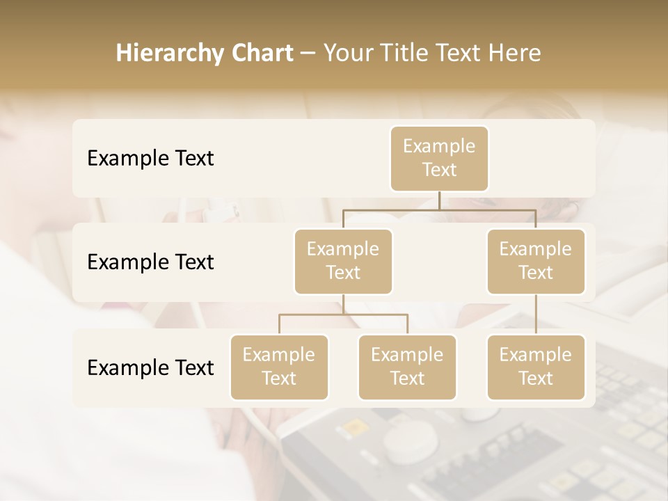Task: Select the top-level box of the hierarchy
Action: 439,158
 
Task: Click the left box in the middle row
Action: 343,261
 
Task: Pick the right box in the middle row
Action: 536,261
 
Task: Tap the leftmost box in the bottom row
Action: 279,367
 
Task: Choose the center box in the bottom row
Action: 407,367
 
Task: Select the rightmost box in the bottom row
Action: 536,367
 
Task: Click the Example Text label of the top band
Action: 150,159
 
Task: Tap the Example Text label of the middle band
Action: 150,262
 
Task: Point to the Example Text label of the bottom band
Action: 150,368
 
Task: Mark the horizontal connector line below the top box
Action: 439,209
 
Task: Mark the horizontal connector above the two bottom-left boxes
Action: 343,315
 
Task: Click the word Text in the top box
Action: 439,170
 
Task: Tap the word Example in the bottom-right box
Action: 536,355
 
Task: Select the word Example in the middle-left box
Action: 343,249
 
